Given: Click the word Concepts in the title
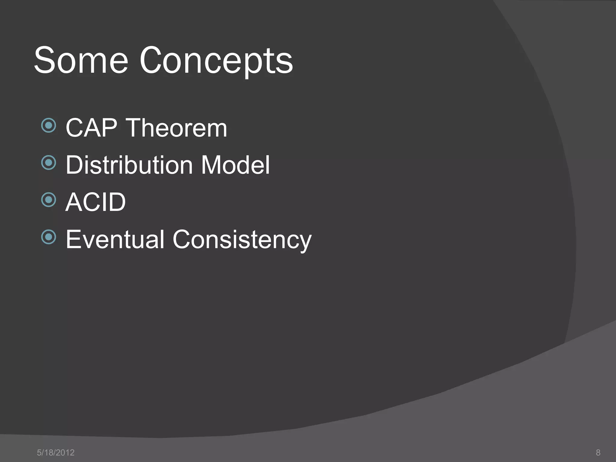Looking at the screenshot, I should (x=216, y=62).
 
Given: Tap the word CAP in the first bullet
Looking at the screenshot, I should (x=91, y=128).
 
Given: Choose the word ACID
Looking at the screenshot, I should (x=95, y=202).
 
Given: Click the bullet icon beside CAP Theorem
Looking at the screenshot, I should (x=49, y=125).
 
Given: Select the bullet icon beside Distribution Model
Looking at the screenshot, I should (x=49, y=163).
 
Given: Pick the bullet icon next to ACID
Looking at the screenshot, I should (x=49, y=200).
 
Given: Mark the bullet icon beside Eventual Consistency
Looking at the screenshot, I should (x=49, y=237).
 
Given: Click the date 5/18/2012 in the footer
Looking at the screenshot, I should (x=56, y=453).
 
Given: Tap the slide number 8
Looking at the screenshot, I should (x=598, y=452).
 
